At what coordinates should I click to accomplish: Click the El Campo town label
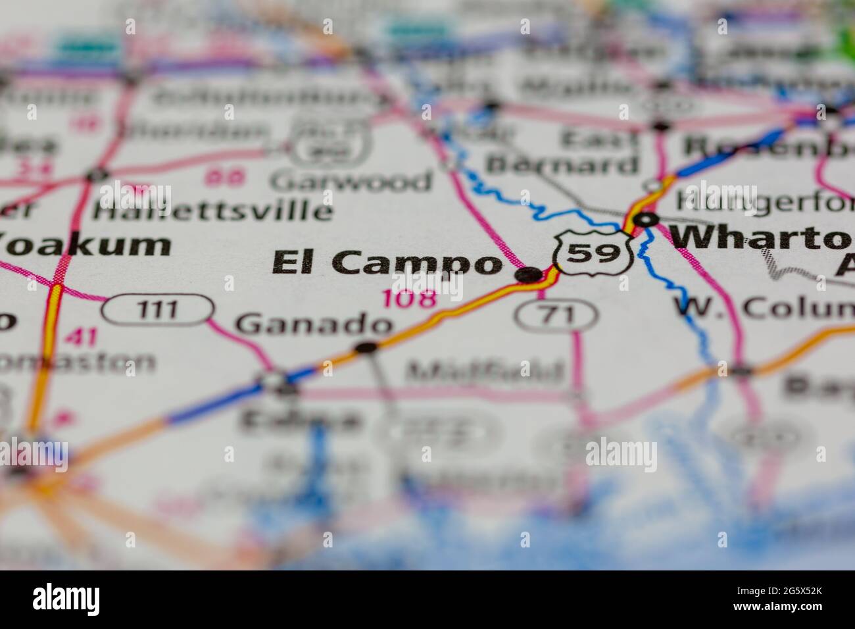[387, 263]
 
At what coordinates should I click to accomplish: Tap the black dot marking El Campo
[527, 275]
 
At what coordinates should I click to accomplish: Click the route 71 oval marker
[556, 316]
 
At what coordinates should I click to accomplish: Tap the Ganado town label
[314, 324]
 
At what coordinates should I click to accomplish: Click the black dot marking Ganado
[366, 347]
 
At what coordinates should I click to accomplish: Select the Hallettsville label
[212, 211]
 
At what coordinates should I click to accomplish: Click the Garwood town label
[352, 180]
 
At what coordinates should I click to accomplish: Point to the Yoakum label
[85, 244]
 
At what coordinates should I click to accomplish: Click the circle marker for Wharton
[647, 219]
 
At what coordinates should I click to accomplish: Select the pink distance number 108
[409, 299]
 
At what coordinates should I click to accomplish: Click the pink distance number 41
[82, 338]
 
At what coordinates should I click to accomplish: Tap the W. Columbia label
[763, 307]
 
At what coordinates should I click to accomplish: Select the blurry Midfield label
[485, 372]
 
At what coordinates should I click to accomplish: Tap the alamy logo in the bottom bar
[66, 599]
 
